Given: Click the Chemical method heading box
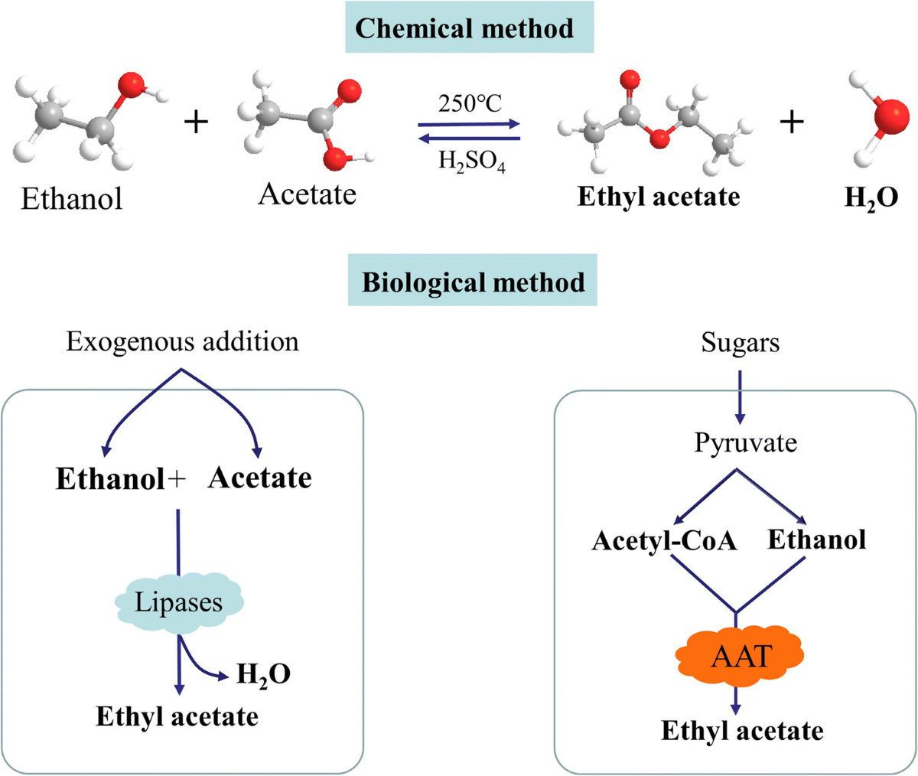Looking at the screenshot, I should (469, 29).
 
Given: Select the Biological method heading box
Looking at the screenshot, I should (472, 282).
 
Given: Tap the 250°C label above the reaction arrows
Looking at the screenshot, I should (470, 103).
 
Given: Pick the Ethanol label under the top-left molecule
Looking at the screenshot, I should (71, 199).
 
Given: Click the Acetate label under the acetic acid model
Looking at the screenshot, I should (307, 194).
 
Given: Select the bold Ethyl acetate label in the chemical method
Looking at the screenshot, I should (658, 197).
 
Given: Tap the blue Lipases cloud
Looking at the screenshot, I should (179, 602).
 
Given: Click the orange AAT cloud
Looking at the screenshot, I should (741, 656).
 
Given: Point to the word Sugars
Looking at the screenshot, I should (740, 343).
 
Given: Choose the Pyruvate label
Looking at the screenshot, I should (745, 442).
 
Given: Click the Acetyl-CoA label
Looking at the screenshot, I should (663, 540).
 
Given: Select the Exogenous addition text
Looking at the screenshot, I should (182, 341).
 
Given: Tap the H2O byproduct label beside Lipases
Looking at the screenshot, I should (263, 675).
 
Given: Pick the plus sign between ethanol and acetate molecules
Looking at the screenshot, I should (197, 122).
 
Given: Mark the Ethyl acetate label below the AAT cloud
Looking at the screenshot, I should (742, 730).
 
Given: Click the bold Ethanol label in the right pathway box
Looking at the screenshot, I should (816, 540).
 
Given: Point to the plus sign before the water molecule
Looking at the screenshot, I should (792, 122).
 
